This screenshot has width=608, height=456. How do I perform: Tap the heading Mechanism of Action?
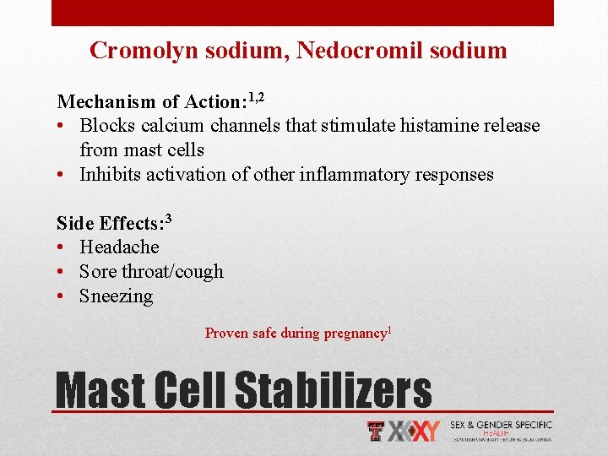click(x=149, y=102)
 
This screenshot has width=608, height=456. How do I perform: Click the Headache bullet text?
click(x=119, y=247)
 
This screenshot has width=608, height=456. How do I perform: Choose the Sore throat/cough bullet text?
click(x=151, y=272)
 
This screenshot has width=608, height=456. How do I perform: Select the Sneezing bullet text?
click(x=116, y=296)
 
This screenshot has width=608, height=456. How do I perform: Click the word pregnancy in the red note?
click(x=353, y=334)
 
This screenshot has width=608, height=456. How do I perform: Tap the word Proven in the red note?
click(x=226, y=334)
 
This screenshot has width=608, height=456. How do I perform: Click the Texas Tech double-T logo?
click(x=377, y=432)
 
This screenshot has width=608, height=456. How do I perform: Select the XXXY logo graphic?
click(x=413, y=432)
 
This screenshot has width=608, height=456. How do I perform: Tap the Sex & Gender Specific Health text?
click(x=502, y=431)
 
